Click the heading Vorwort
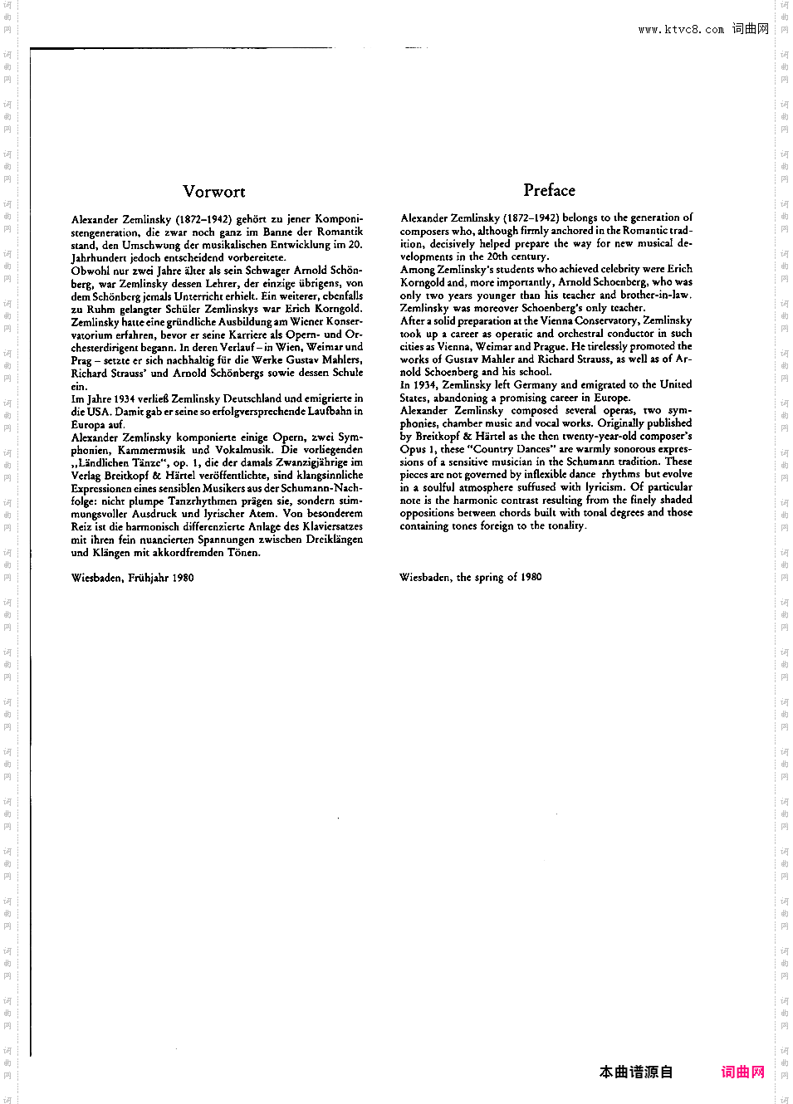pyautogui.click(x=213, y=192)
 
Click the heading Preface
pyautogui.click(x=549, y=190)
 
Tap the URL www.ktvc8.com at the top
pyautogui.click(x=681, y=29)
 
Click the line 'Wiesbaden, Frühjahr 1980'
pyautogui.click(x=133, y=578)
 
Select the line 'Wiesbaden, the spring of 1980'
pyautogui.click(x=470, y=577)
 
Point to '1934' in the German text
pyautogui.click(x=123, y=398)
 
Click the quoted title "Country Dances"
pyautogui.click(x=511, y=449)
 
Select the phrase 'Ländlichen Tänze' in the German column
pyautogui.click(x=118, y=463)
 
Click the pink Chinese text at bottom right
pyautogui.click(x=742, y=1072)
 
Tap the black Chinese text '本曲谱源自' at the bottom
pyautogui.click(x=636, y=1072)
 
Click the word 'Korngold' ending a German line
pyautogui.click(x=338, y=309)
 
